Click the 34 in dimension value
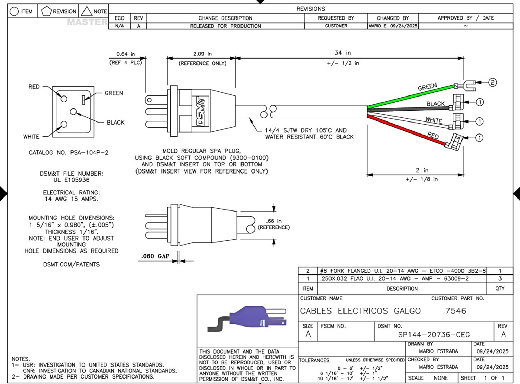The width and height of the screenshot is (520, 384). [342, 53]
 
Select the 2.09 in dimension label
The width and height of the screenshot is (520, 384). [202, 54]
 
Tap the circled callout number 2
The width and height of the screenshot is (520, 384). [492, 82]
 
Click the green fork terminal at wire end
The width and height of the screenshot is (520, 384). [465, 86]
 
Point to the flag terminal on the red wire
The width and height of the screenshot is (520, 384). [454, 142]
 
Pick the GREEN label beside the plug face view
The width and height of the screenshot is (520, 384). [114, 93]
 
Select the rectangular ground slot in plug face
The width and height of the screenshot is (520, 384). [83, 100]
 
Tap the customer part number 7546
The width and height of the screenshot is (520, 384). [456, 311]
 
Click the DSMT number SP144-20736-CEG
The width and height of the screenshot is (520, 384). [434, 334]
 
